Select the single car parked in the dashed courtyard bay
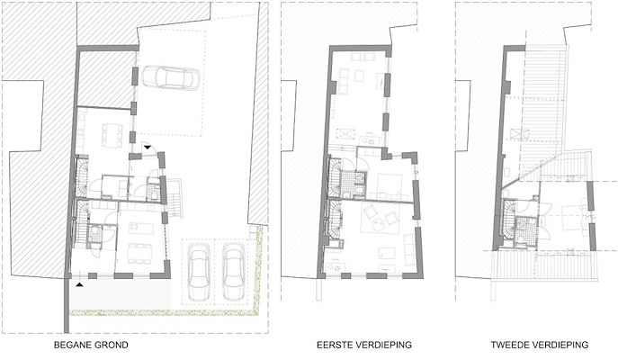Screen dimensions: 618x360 point(171,77)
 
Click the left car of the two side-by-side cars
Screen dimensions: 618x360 point(198,271)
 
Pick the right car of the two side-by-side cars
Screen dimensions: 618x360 point(233,271)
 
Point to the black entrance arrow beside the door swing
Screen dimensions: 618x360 point(148,147)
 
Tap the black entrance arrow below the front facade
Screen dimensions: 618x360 point(80,283)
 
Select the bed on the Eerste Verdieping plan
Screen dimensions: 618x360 point(389,184)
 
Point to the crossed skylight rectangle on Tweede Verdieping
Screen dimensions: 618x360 point(519,134)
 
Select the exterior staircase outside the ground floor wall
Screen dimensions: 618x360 point(175,198)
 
